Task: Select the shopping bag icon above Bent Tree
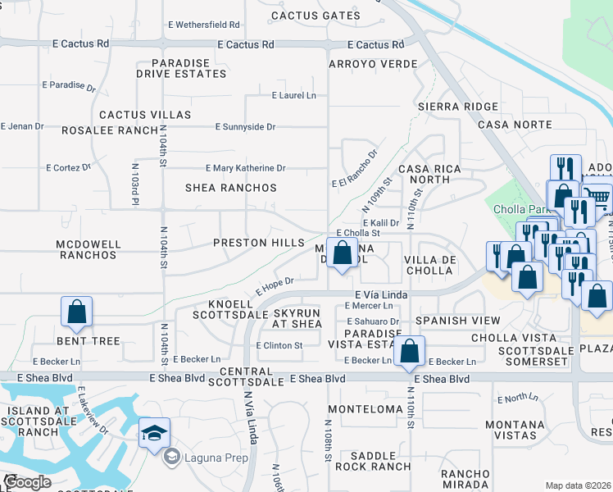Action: [76, 311]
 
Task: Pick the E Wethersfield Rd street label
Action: [202, 25]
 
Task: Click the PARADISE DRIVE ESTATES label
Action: [188, 69]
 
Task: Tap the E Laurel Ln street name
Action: [294, 96]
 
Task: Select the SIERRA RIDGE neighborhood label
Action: [457, 107]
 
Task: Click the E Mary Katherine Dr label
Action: [245, 168]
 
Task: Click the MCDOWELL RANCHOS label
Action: [88, 249]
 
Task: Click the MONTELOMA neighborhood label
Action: [366, 408]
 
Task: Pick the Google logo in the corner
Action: [27, 482]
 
